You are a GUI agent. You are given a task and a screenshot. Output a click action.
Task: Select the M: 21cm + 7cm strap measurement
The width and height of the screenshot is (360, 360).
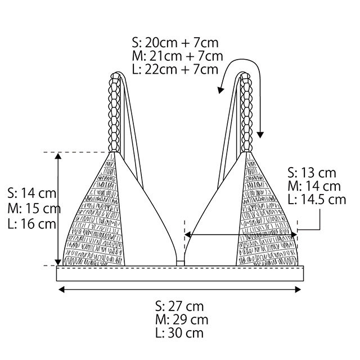pyautogui.click(x=177, y=56)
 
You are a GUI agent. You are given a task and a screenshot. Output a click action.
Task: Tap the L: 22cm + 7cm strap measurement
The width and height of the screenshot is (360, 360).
pyautogui.click(x=175, y=70)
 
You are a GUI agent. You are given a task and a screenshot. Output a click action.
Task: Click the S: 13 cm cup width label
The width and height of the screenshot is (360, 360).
pyautogui.click(x=312, y=173)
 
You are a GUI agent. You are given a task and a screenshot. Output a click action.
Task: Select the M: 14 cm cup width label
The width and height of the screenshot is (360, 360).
pyautogui.click(x=313, y=186)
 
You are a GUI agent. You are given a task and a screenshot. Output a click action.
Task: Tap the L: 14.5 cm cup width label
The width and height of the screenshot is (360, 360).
pyautogui.click(x=317, y=200)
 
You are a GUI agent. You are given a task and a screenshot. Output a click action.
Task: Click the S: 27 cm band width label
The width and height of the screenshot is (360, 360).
pyautogui.click(x=179, y=307)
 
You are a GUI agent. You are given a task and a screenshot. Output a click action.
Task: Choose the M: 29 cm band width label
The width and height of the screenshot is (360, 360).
pyautogui.click(x=180, y=320)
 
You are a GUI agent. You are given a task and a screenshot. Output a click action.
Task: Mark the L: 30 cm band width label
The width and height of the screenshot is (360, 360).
pyautogui.click(x=179, y=334)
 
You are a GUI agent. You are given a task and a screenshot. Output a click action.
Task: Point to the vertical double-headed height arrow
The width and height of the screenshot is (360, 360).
pyautogui.click(x=58, y=208)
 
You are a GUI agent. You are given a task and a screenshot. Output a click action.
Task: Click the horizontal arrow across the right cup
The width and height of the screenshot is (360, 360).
pyautogui.click(x=242, y=235)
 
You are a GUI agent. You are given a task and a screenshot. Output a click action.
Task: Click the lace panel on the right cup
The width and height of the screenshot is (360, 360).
pyautogui.click(x=264, y=219)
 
